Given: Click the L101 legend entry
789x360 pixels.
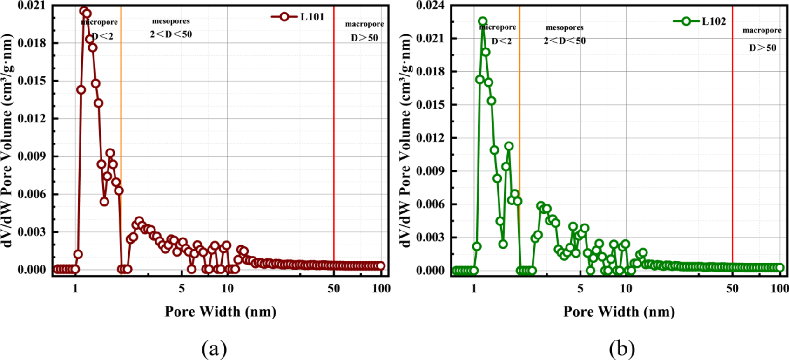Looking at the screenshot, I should pyautogui.click(x=298, y=17).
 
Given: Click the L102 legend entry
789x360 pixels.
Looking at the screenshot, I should pyautogui.click(x=700, y=21).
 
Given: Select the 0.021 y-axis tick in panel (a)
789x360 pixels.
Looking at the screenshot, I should pyautogui.click(x=32, y=6).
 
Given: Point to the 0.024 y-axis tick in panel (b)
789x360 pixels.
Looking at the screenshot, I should pyautogui.click(x=431, y=6).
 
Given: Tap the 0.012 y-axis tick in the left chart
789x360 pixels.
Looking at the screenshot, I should pyautogui.click(x=32, y=118).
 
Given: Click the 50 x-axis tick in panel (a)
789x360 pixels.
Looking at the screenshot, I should pyautogui.click(x=334, y=289).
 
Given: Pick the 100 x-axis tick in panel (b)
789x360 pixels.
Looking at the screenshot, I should pyautogui.click(x=780, y=289).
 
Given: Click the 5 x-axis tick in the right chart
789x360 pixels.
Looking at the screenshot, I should pyautogui.click(x=580, y=289).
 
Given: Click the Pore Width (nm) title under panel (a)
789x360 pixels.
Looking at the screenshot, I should pyautogui.click(x=220, y=311).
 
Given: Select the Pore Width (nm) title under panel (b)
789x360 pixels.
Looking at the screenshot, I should pyautogui.click(x=619, y=311).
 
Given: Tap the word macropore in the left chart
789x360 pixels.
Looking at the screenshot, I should pyautogui.click(x=364, y=24).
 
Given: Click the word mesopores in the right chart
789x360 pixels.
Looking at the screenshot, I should pyautogui.click(x=565, y=27).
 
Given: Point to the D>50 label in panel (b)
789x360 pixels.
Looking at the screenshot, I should pyautogui.click(x=762, y=48).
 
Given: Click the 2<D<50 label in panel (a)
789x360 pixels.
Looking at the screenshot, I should pyautogui.click(x=171, y=34).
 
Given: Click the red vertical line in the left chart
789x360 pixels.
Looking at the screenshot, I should pyautogui.click(x=334, y=140).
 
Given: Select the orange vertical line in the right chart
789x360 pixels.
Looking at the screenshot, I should pyautogui.click(x=519, y=140).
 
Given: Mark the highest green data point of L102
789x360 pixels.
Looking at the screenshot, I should pyautogui.click(x=483, y=21).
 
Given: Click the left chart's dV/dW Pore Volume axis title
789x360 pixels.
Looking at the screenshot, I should pyautogui.click(x=7, y=140).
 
